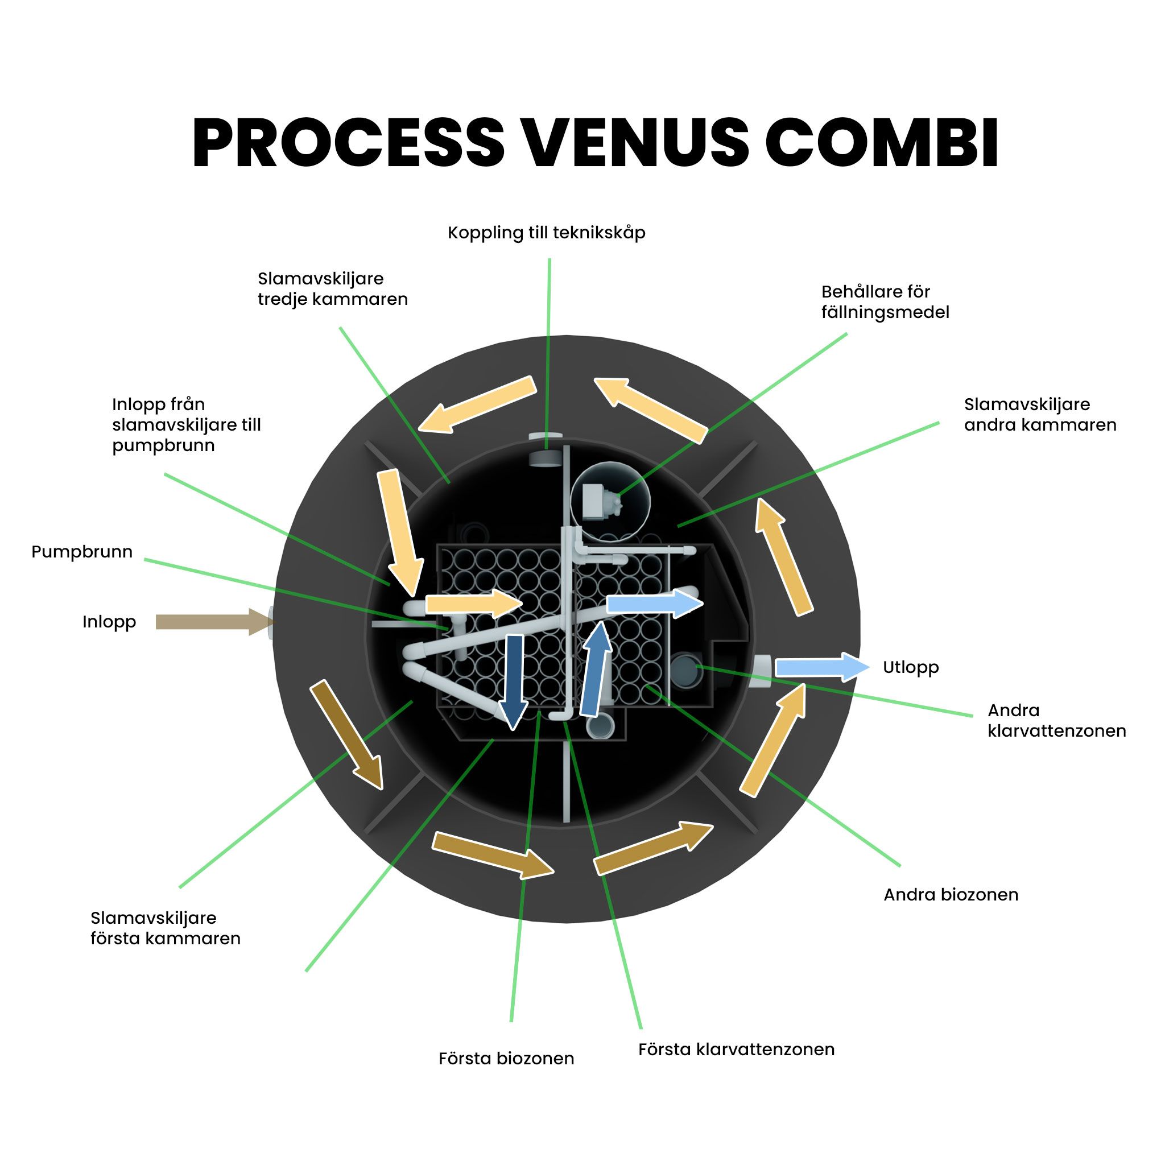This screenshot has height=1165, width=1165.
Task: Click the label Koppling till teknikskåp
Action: click(x=546, y=233)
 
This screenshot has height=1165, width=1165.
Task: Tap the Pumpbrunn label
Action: click(x=82, y=552)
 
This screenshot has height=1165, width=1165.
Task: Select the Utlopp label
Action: click(x=911, y=667)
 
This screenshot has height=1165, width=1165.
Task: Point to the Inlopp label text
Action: click(x=109, y=622)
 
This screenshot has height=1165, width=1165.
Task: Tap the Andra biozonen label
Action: click(x=951, y=894)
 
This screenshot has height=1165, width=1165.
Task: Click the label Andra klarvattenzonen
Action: click(x=1056, y=720)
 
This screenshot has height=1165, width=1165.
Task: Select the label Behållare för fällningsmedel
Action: click(x=885, y=301)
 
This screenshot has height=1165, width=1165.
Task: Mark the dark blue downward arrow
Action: click(x=514, y=681)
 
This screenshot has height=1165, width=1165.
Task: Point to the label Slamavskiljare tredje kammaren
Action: click(x=333, y=289)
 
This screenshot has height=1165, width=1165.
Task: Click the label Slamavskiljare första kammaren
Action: click(x=165, y=928)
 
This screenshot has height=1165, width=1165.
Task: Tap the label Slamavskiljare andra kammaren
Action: click(x=1040, y=414)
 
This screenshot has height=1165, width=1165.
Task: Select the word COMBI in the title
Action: click(x=882, y=142)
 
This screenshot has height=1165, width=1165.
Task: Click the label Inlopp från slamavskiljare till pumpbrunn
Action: click(x=187, y=424)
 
